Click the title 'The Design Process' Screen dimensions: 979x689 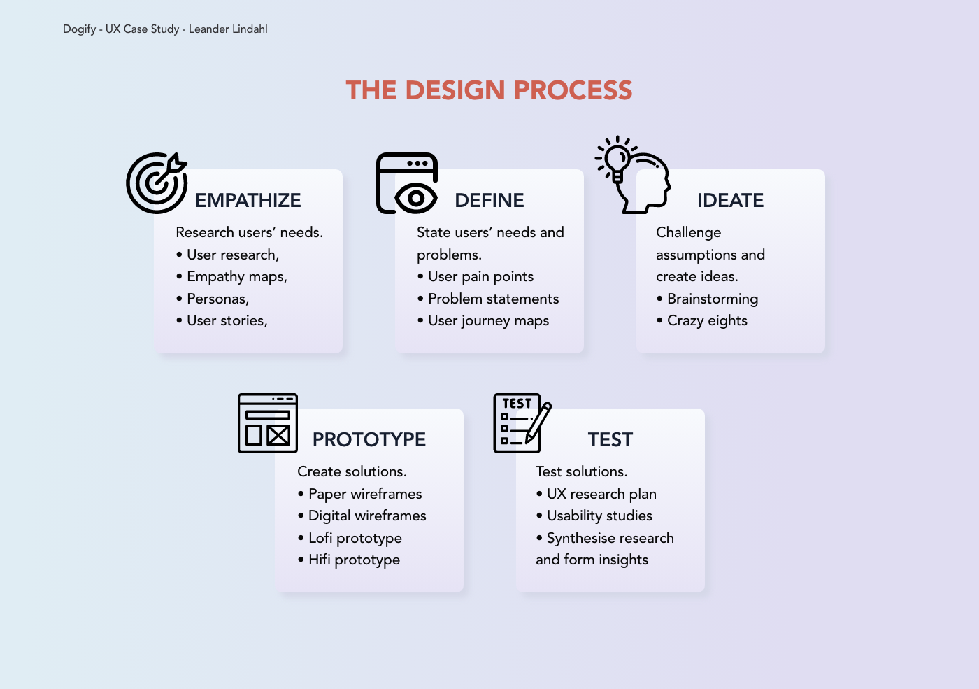[489, 90]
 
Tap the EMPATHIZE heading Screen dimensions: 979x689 [248, 201]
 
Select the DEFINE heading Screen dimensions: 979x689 [489, 201]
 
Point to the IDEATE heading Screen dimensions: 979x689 [730, 201]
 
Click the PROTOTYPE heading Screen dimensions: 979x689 [369, 440]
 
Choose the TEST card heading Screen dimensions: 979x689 [610, 440]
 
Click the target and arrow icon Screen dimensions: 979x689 [157, 183]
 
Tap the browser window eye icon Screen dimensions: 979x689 [407, 183]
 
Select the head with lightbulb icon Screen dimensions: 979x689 [633, 175]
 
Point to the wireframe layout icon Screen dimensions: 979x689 [268, 423]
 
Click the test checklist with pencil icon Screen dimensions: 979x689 [522, 423]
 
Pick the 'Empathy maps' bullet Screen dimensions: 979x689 [236, 277]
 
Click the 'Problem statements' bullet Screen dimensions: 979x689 [493, 299]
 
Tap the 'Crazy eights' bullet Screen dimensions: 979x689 [706, 321]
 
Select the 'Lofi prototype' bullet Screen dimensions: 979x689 [355, 539]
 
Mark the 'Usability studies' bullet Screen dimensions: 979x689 [599, 516]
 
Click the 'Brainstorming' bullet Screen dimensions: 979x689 [712, 299]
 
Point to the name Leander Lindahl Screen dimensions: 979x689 [228, 29]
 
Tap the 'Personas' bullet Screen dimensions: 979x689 [217, 299]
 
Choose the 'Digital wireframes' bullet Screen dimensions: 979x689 [367, 516]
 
